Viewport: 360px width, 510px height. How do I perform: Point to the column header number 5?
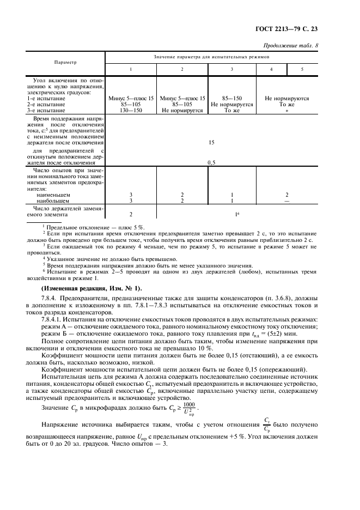[x=303, y=69]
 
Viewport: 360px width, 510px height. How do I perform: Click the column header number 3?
[x=232, y=69]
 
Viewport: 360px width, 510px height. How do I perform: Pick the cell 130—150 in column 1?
[x=131, y=110]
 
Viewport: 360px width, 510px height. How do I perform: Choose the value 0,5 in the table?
[x=211, y=162]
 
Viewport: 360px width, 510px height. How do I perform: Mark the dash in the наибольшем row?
[x=287, y=201]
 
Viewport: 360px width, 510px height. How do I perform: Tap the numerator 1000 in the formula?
[x=189, y=404]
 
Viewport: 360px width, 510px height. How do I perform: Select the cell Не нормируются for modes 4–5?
[x=287, y=98]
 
